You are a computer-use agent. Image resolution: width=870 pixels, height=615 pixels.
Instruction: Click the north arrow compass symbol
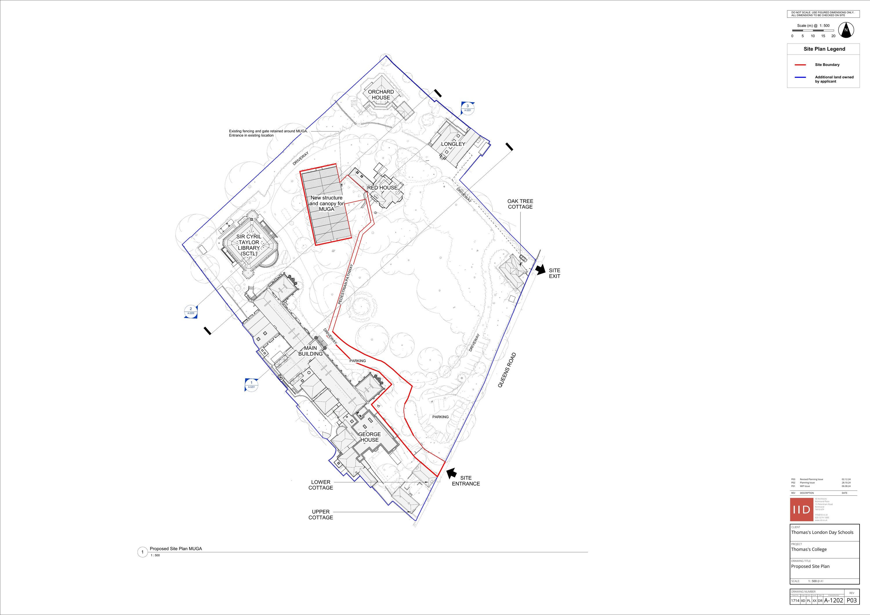pyautogui.click(x=846, y=30)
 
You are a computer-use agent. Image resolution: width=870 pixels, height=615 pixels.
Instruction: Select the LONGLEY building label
pyautogui.click(x=453, y=144)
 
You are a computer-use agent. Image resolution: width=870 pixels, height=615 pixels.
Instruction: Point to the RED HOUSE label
pyautogui.click(x=382, y=188)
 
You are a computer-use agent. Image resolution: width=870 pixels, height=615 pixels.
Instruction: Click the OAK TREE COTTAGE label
pyautogui.click(x=520, y=204)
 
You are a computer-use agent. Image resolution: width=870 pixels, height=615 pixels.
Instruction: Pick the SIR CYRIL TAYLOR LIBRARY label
pyautogui.click(x=249, y=245)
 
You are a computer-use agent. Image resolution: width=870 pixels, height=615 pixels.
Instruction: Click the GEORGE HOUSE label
pyautogui.click(x=369, y=437)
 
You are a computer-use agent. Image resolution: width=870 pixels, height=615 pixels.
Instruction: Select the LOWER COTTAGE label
pyautogui.click(x=320, y=485)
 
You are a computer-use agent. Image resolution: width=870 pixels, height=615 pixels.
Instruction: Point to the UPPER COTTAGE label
pyautogui.click(x=320, y=515)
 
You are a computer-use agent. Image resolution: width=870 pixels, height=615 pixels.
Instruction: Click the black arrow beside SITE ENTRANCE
pyautogui.click(x=451, y=473)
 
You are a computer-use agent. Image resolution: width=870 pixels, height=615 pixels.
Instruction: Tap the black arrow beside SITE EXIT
pyautogui.click(x=540, y=270)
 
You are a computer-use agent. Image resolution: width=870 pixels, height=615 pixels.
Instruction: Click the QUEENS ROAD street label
pyautogui.click(x=507, y=370)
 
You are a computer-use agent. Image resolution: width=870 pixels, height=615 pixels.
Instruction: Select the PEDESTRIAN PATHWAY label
pyautogui.click(x=345, y=284)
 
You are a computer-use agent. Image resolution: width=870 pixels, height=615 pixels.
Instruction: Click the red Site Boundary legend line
pyautogui.click(x=800, y=65)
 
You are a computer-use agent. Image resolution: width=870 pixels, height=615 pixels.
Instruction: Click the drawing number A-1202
pyautogui.click(x=834, y=600)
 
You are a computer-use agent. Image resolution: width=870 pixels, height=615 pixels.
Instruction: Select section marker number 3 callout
pyautogui.click(x=467, y=108)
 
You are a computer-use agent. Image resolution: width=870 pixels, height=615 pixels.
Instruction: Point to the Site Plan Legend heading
pyautogui.click(x=824, y=49)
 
